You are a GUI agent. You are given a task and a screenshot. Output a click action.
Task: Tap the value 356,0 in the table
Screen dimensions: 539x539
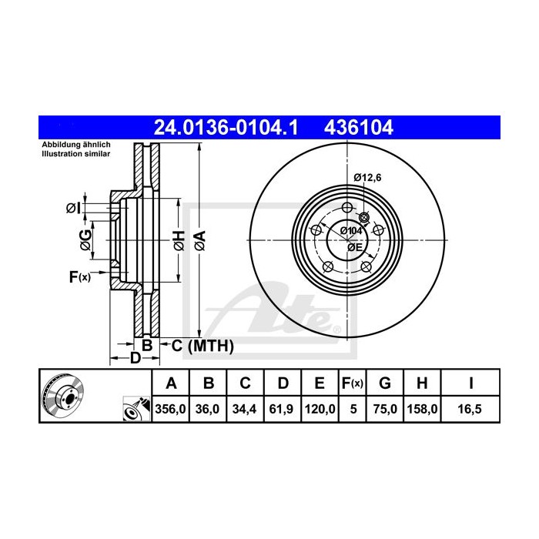pos(171,410)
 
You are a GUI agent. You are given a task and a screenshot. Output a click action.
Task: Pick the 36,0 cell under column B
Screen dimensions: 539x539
pos(208,410)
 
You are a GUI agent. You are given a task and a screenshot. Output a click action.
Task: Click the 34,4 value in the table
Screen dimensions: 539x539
pos(245,410)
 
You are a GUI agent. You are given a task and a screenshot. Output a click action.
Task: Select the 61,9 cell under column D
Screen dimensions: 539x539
pos(283,410)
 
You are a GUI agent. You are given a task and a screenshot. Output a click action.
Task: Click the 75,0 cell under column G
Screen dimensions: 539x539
pos(387,410)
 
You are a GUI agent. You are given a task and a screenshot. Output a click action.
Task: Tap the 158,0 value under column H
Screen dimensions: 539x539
pos(424,410)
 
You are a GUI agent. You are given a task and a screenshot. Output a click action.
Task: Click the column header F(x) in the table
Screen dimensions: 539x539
pos(353,383)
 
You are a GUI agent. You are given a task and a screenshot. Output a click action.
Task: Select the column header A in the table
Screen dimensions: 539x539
pos(171,383)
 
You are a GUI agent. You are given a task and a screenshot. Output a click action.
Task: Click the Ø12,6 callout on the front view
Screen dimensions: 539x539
pos(368,178)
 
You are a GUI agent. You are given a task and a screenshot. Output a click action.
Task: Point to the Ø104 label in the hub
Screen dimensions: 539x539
pos(350,230)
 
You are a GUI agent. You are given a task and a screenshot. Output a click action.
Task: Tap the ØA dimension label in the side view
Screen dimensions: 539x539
pos(200,240)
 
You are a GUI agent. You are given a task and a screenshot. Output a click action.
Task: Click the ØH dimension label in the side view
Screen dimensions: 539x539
pos(179,240)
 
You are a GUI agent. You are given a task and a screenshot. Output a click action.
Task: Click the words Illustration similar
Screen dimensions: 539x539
pos(75,154)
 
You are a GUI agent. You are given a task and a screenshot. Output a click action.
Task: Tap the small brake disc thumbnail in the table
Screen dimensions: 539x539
pos(62,396)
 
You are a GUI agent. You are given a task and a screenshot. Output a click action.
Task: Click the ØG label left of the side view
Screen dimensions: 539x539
pos(87,240)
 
